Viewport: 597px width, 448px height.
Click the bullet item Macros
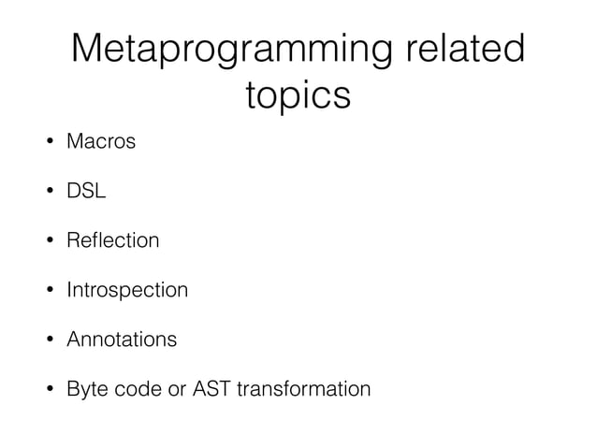click(101, 143)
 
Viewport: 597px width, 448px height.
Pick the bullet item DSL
click(86, 192)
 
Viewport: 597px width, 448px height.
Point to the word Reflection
click(112, 241)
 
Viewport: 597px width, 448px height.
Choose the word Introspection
click(127, 290)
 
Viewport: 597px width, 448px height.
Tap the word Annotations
click(121, 339)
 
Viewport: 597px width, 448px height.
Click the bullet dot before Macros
click(44, 143)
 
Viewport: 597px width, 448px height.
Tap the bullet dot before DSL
click(44, 193)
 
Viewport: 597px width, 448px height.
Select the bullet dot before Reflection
click(44, 241)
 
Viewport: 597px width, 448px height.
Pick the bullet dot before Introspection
click(44, 290)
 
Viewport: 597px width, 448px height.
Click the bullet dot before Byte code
click(44, 388)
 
